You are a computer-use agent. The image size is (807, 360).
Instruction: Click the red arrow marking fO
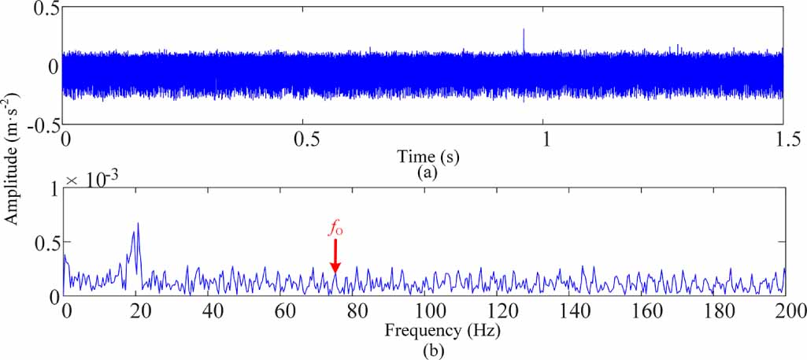335,256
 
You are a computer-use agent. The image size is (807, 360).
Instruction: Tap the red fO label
335,230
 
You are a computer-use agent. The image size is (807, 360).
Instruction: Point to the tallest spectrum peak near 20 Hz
139,224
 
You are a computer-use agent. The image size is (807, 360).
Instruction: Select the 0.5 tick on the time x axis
305,139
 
